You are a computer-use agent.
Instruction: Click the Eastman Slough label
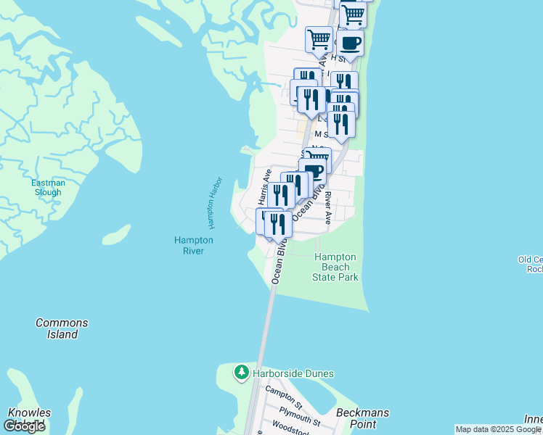(x=48, y=188)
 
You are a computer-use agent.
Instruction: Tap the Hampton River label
(x=194, y=246)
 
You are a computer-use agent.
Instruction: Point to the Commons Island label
(x=62, y=328)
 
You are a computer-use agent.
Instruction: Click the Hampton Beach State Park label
(x=335, y=267)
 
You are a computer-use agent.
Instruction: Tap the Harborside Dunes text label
(x=293, y=373)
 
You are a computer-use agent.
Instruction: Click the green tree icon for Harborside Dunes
(x=241, y=373)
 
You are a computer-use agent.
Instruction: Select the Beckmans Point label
(x=363, y=418)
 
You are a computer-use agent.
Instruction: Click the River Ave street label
(x=328, y=208)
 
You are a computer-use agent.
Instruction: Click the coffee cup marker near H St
(x=350, y=43)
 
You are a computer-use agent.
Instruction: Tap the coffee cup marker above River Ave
(x=314, y=171)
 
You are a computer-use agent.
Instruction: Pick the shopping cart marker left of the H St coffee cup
(x=319, y=40)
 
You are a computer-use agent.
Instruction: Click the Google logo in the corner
(x=24, y=426)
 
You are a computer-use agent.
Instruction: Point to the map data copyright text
(x=498, y=429)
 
